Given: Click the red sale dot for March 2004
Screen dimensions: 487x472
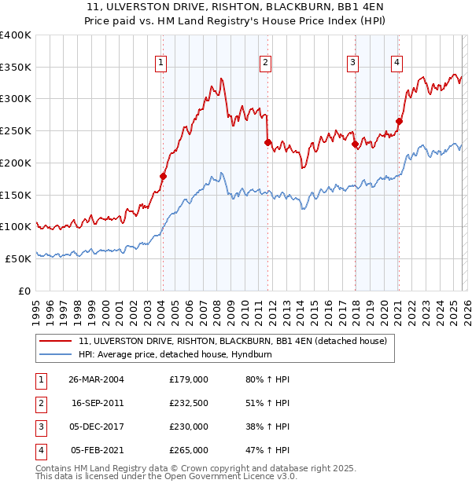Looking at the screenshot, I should pyautogui.click(x=163, y=176).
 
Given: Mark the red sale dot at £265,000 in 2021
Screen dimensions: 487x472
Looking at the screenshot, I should pyautogui.click(x=399, y=121).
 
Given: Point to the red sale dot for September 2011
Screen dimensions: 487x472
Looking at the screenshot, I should pyautogui.click(x=267, y=142).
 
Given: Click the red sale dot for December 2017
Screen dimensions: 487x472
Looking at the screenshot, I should pyautogui.click(x=355, y=144).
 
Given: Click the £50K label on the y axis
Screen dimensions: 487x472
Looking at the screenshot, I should pyautogui.click(x=18, y=258).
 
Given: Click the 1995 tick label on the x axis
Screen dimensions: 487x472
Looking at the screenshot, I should pyautogui.click(x=36, y=311).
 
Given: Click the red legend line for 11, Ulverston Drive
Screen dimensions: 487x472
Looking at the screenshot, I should pyautogui.click(x=55, y=342).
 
